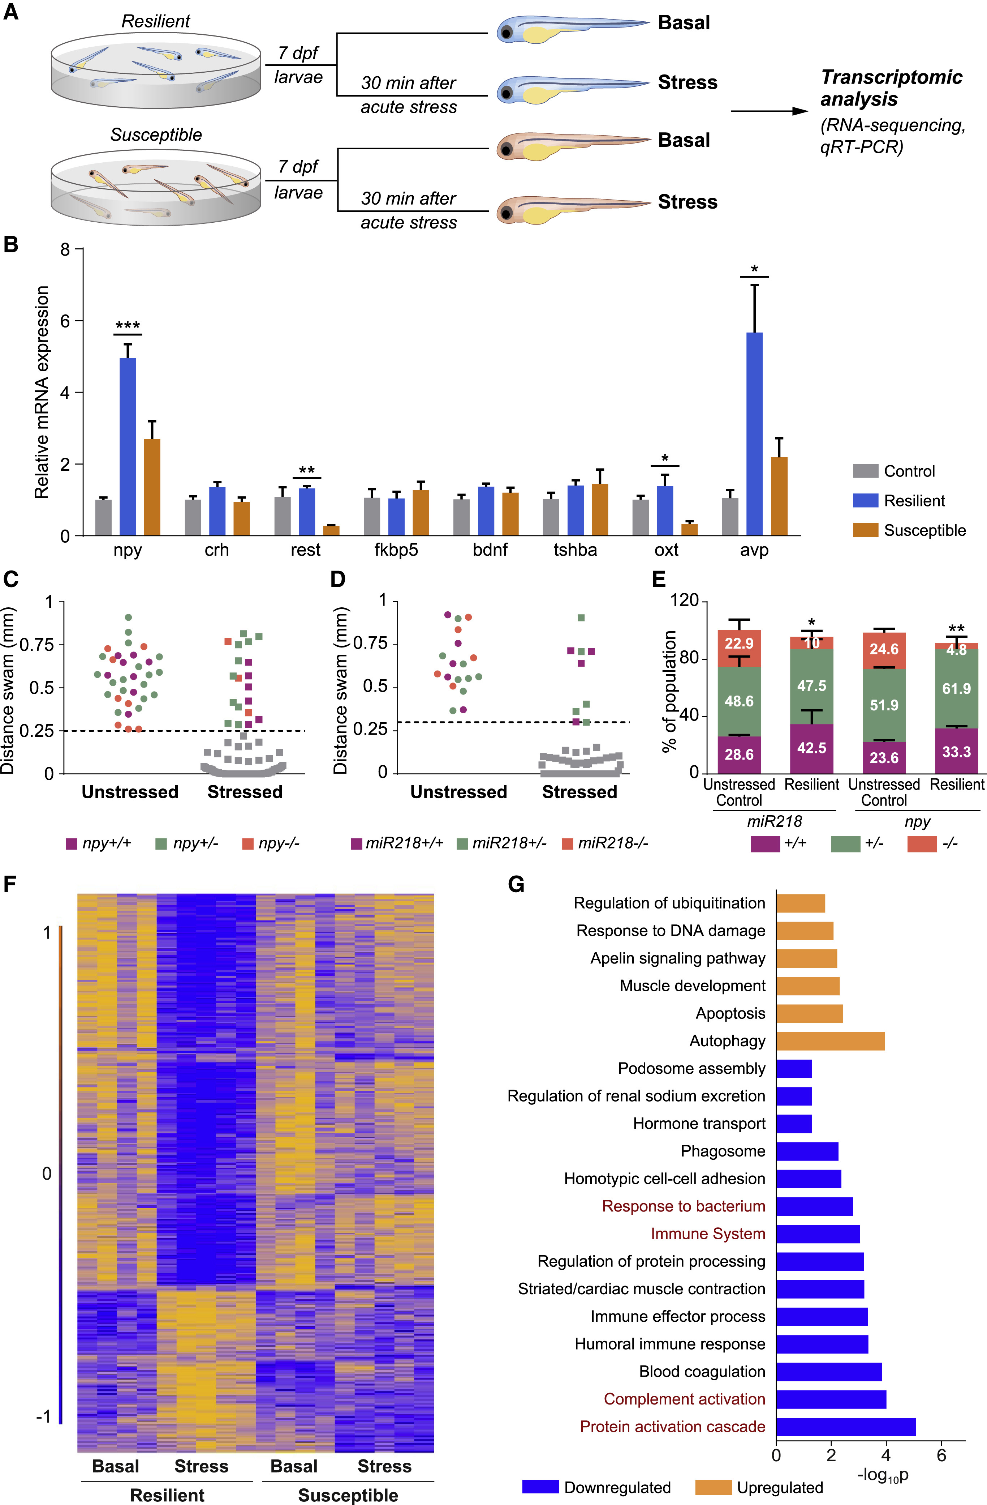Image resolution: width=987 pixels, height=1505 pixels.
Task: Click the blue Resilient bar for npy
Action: pos(128,446)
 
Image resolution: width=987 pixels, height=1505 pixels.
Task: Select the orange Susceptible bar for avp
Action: pos(779,496)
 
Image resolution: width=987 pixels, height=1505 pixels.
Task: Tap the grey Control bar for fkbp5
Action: pos(372,517)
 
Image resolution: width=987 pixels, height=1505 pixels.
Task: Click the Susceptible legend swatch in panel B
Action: pos(865,530)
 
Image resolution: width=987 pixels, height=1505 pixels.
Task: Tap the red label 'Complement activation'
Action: pos(684,1399)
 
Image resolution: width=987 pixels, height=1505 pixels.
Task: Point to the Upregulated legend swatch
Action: pos(713,1487)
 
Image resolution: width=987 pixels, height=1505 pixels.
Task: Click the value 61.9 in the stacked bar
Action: pos(956,689)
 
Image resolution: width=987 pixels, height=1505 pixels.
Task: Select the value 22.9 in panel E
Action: pos(739,644)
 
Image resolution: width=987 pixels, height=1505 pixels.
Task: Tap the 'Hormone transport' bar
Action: pos(794,1124)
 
